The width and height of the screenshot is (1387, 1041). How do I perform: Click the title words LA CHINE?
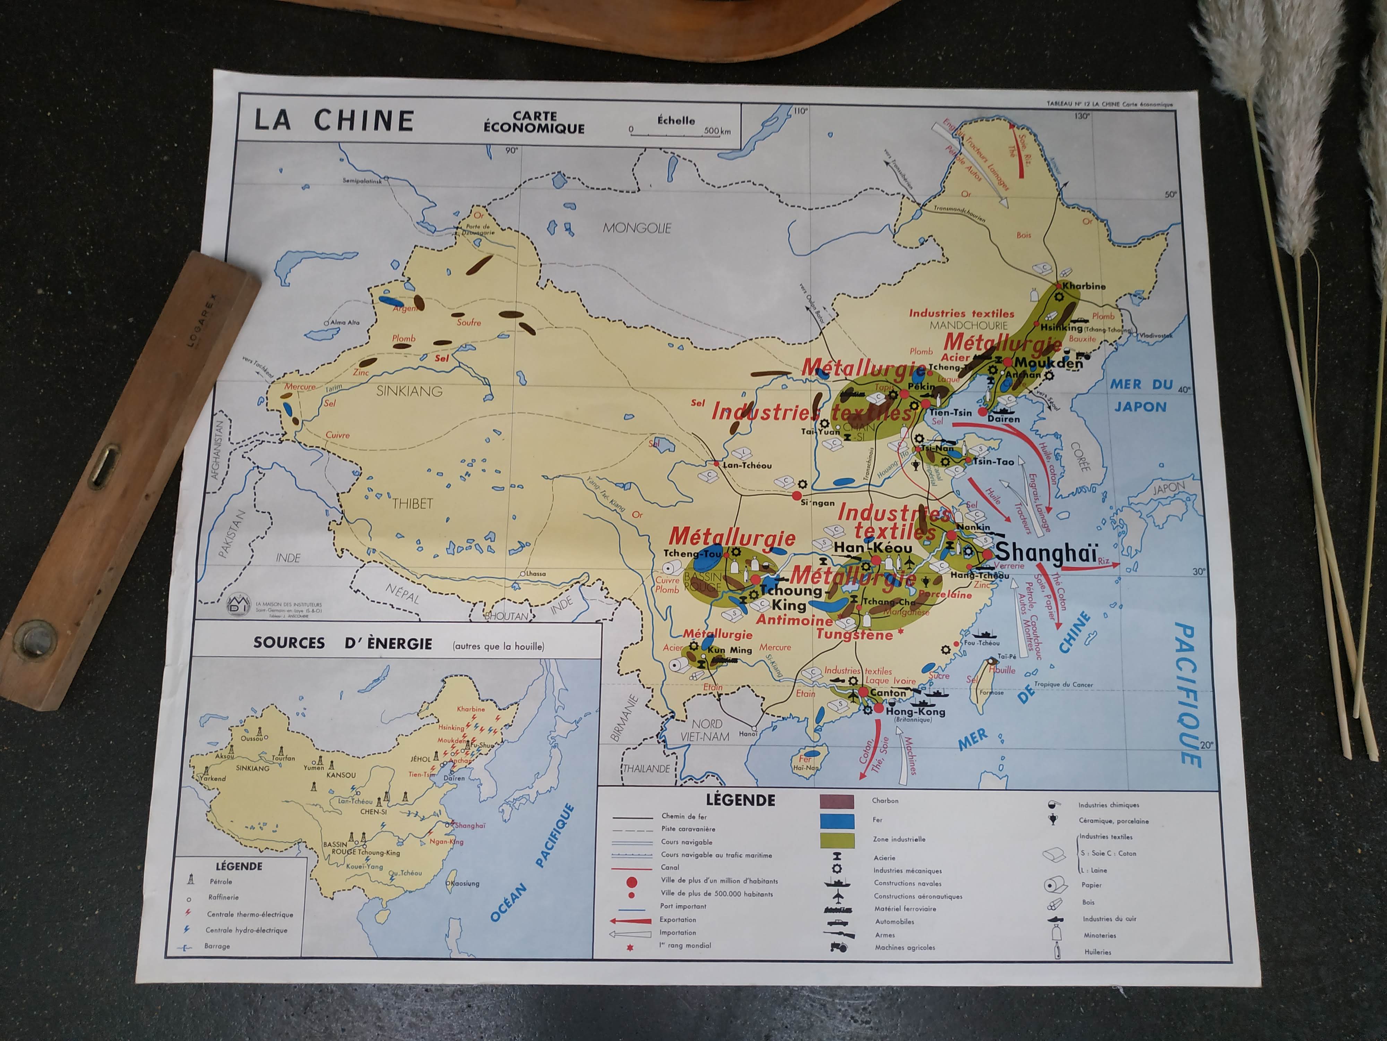[x=334, y=120]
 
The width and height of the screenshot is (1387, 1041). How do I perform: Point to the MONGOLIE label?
[x=636, y=228]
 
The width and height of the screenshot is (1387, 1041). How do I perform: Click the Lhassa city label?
[x=535, y=574]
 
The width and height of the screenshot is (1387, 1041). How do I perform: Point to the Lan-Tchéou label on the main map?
[x=747, y=465]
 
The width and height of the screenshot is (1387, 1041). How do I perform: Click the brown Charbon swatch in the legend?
[x=836, y=801]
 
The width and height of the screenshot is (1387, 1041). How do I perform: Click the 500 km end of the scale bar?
[x=717, y=131]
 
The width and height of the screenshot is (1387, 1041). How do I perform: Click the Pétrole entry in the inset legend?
[x=221, y=882]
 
